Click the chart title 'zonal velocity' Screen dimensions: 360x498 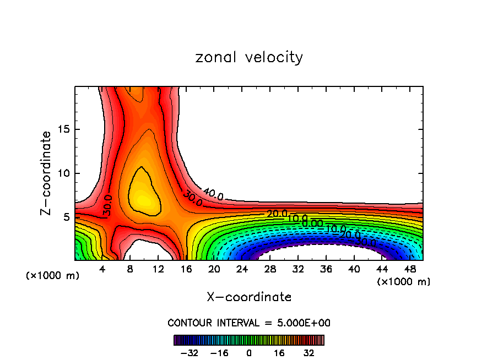[249, 57]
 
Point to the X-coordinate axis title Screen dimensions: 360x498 [249, 297]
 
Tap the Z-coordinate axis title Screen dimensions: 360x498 [46, 173]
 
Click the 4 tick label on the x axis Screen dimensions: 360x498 [102, 269]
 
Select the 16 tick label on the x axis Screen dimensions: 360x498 [186, 269]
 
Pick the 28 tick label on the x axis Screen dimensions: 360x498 [270, 269]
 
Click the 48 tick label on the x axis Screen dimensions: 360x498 [410, 269]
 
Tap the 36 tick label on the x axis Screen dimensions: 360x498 [326, 269]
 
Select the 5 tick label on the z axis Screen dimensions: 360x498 [64, 217]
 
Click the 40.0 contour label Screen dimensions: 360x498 [213, 194]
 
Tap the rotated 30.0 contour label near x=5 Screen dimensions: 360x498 [108, 205]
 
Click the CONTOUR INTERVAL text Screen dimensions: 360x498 [249, 323]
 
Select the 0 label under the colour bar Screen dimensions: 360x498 [249, 352]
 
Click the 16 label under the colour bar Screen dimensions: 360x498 [279, 352]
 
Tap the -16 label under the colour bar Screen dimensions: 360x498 [219, 352]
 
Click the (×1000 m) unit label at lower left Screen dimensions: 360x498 [53, 276]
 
